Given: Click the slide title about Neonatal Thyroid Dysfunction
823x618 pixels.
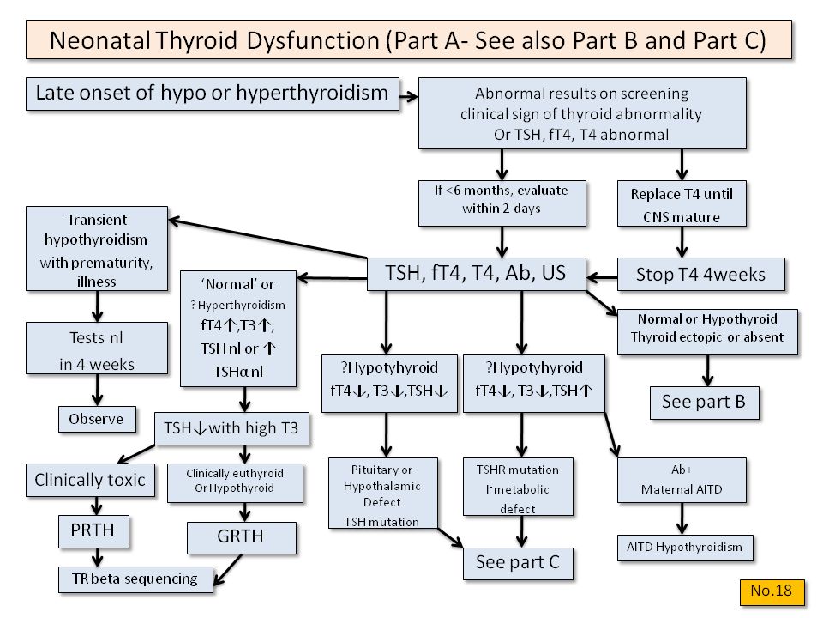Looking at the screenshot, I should click(407, 40).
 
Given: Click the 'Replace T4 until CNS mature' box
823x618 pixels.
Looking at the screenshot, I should click(682, 203).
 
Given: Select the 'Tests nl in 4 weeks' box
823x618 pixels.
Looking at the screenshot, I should click(96, 351).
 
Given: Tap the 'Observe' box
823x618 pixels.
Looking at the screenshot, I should click(96, 419).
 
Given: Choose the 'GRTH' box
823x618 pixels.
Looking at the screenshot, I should click(241, 538).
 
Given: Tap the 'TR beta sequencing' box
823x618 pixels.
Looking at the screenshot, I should click(134, 579).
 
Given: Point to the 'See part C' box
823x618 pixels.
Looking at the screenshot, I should click(517, 563).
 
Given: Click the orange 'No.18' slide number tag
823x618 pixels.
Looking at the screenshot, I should click(772, 590).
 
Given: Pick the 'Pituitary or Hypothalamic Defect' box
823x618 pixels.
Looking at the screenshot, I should click(382, 494).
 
